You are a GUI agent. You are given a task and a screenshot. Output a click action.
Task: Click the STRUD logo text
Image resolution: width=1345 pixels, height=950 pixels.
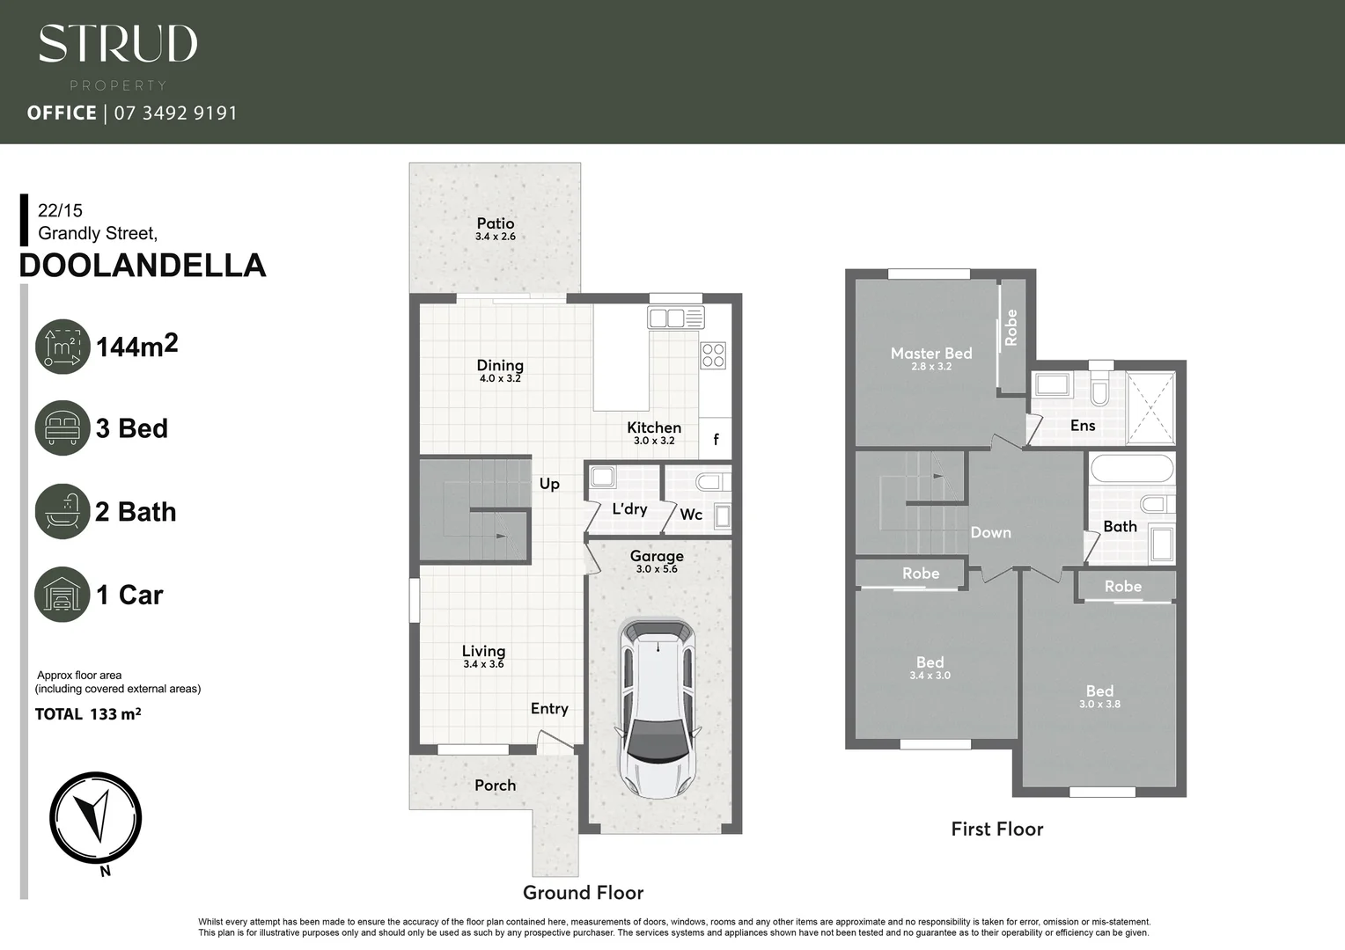coord(118,44)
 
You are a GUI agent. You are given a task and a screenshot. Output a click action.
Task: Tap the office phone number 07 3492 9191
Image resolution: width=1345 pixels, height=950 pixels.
coord(175,113)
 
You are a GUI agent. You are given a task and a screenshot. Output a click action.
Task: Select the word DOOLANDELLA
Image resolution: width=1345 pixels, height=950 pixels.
coord(142,266)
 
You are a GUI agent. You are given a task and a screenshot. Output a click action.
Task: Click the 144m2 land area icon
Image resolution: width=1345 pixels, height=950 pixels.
coord(62,347)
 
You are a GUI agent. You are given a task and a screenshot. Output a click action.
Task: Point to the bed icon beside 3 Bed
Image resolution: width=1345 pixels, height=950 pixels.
coord(62,428)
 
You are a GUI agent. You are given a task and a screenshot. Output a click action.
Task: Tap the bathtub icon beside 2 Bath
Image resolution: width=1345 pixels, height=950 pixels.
coord(62,511)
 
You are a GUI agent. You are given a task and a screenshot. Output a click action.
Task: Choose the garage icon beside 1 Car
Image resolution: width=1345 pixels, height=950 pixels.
coord(62,595)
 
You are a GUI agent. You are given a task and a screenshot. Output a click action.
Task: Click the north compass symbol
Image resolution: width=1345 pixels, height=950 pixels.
coord(95,818)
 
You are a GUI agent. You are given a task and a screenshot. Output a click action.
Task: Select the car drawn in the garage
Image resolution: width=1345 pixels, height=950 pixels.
coord(659,707)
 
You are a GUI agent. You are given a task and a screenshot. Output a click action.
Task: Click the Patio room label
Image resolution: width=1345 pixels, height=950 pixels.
coord(495,223)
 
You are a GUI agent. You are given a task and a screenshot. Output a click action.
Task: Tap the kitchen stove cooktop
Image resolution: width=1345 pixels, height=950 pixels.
coord(713,355)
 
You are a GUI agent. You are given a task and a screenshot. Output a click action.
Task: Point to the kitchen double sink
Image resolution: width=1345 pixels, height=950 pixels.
coord(676,318)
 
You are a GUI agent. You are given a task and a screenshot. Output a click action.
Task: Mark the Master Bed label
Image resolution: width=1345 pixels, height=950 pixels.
coord(931,354)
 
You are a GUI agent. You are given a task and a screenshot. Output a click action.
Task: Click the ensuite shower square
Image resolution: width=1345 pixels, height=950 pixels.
coord(1150,408)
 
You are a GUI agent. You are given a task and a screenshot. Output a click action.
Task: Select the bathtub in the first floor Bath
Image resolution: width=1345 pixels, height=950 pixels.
coord(1132,468)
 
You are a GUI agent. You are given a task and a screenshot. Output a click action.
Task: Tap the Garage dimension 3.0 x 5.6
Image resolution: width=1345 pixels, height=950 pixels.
coord(657,569)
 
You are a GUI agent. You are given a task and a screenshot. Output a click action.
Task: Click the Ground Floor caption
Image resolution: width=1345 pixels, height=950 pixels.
coord(583,893)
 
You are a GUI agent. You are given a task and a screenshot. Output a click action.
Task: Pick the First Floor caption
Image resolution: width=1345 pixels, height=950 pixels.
coord(996,829)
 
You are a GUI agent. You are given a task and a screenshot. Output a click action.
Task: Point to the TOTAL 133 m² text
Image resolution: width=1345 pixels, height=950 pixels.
coord(88,714)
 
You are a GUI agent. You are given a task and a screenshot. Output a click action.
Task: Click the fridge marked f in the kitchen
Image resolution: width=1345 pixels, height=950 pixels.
coord(716,439)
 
